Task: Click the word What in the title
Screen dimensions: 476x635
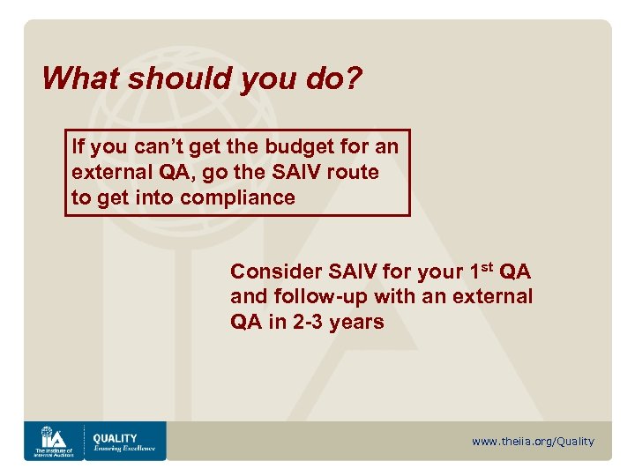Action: point(77,78)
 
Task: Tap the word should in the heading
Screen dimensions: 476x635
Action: point(176,78)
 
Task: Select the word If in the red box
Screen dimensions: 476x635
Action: point(78,146)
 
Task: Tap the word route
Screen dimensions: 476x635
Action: point(352,172)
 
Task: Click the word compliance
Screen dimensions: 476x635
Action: point(237,197)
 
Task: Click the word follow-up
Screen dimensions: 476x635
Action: point(319,297)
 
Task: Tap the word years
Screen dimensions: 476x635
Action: point(356,322)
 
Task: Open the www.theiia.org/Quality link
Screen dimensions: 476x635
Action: point(533,442)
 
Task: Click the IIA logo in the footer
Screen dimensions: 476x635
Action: point(53,441)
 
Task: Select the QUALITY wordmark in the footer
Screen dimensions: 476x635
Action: point(116,437)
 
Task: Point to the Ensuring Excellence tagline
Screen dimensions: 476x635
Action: point(124,449)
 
